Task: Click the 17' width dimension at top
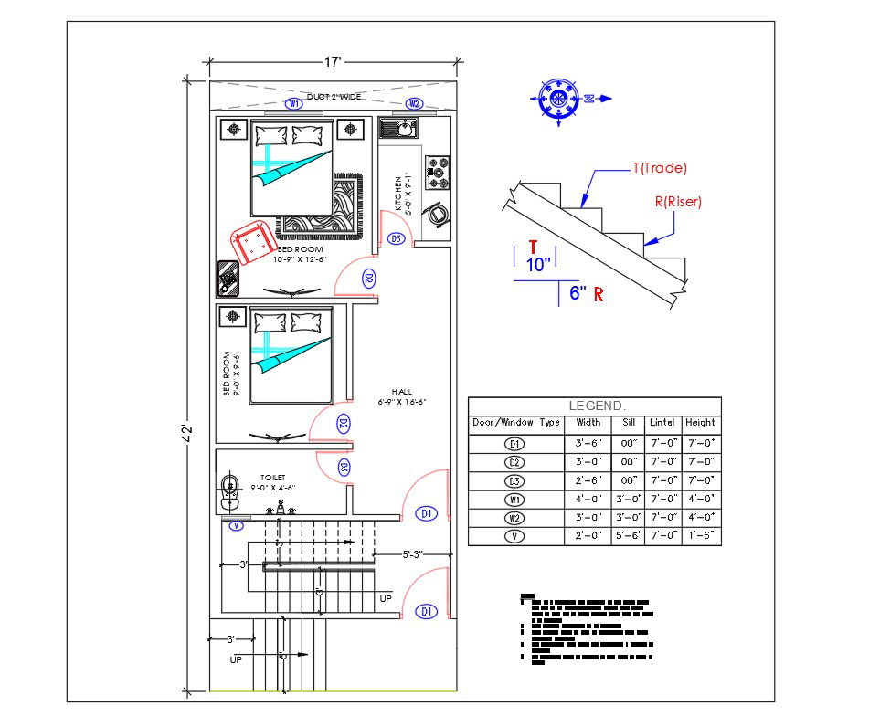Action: pos(333,61)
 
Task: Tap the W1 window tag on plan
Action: pos(294,104)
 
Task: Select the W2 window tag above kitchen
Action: pos(413,104)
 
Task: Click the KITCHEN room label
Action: pos(402,194)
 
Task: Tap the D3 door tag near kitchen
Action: pos(396,239)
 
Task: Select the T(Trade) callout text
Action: pos(659,168)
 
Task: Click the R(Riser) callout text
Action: pos(678,203)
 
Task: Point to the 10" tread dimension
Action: pos(539,265)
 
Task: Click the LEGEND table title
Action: pos(597,405)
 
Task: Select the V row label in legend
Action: pos(515,536)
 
